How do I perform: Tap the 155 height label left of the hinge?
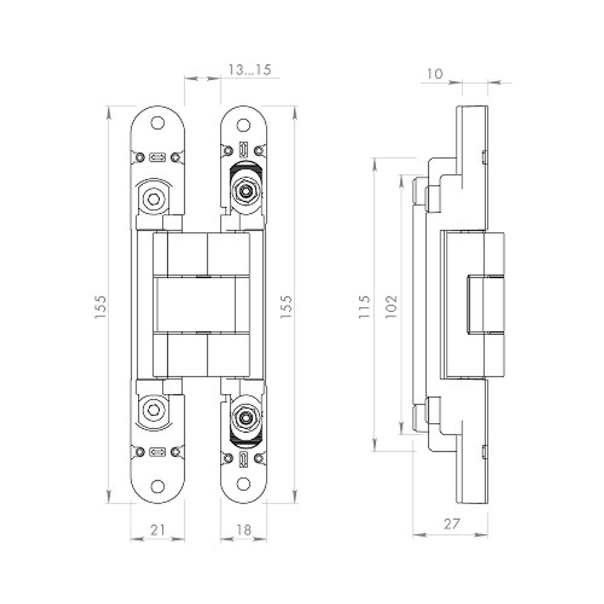click(x=101, y=307)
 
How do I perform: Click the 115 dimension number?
click(x=364, y=307)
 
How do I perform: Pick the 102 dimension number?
click(x=391, y=307)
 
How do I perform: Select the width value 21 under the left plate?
click(x=157, y=530)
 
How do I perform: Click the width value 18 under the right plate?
click(x=243, y=530)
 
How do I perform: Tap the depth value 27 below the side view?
click(x=451, y=524)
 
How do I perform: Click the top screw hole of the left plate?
click(x=158, y=123)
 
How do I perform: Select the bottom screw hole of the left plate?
click(x=158, y=487)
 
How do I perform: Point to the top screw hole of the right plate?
click(x=243, y=125)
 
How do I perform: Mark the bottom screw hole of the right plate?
click(x=243, y=484)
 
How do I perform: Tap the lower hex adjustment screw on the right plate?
click(x=245, y=418)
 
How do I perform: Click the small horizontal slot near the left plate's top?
click(x=158, y=157)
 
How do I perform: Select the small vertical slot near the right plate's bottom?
click(x=243, y=458)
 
